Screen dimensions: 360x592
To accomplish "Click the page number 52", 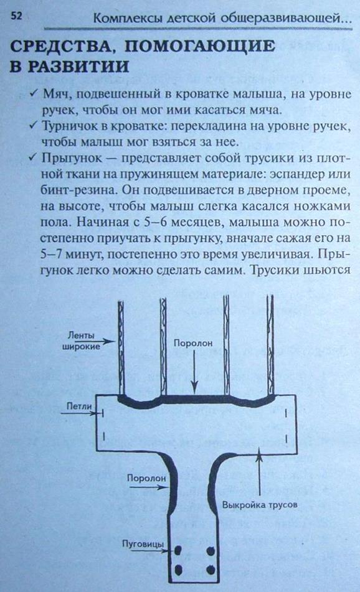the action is pos(16,16).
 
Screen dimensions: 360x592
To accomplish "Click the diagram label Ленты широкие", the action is pos(81,341).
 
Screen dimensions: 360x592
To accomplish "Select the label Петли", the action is pos(79,406).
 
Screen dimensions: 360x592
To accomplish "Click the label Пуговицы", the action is pos(143,544).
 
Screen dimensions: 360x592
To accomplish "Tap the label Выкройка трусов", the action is pos(260,505).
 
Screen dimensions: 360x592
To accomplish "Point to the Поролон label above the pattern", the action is pos(192,343).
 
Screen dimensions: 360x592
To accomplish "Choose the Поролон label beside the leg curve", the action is pos(146,478).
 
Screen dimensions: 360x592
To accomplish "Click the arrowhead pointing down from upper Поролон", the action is pos(194,388).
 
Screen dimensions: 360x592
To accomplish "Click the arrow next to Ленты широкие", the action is pos(108,341).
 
